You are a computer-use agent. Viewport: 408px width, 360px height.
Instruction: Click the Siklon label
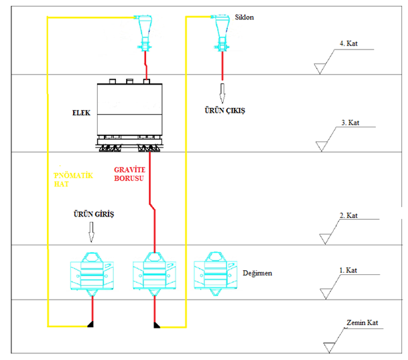245,17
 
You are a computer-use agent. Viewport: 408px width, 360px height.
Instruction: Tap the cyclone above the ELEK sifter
144,33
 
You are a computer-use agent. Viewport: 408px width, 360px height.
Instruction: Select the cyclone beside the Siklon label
221,33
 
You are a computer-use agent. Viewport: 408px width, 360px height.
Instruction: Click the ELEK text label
81,113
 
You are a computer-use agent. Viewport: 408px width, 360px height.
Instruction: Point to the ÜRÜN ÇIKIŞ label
225,111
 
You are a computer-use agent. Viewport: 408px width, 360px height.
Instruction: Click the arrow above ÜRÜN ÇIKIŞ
222,93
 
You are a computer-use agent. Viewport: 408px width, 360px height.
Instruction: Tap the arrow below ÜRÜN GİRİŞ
91,232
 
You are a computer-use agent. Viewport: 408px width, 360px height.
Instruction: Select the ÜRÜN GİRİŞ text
94,215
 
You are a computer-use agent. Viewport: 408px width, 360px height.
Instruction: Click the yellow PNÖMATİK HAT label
73,180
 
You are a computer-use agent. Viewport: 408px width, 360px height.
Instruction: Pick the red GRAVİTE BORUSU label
129,174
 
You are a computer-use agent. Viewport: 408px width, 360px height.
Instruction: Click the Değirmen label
257,273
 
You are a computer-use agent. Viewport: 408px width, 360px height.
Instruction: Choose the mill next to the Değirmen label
216,274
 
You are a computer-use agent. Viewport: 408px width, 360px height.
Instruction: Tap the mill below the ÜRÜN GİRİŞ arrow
92,274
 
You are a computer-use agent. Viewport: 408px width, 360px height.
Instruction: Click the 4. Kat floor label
348,43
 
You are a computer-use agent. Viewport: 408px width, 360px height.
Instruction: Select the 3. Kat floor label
350,122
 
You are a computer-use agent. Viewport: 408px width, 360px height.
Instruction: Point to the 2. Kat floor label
348,215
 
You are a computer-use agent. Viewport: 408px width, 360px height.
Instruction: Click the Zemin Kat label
362,322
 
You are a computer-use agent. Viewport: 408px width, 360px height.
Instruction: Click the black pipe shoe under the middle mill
157,325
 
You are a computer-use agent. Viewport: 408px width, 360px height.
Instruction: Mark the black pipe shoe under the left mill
90,324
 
